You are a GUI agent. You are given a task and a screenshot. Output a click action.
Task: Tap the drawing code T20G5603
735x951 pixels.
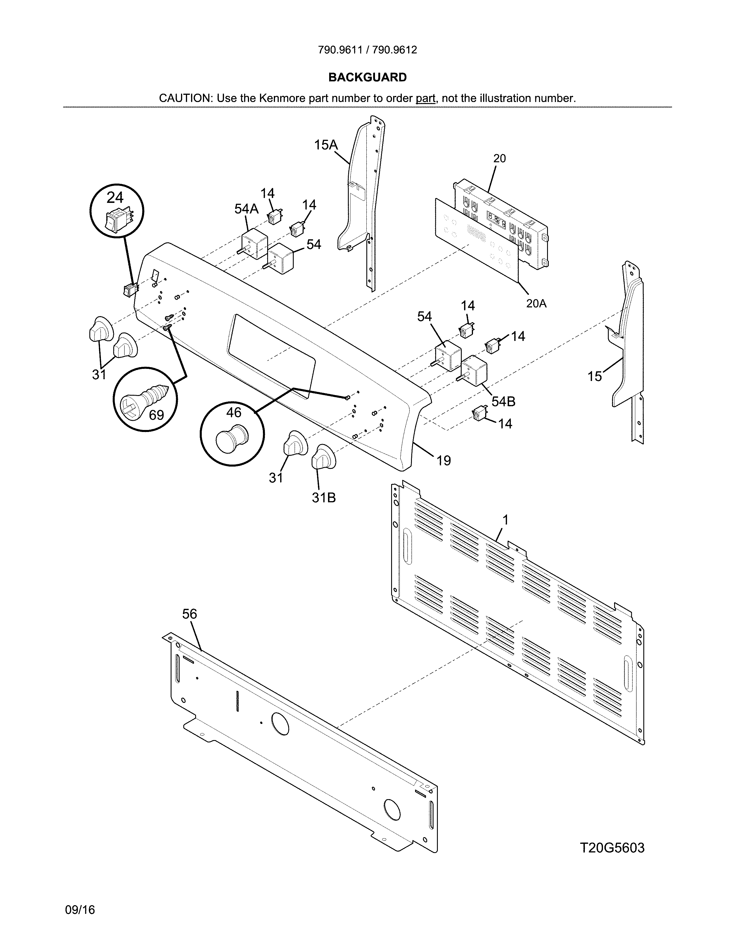coord(612,848)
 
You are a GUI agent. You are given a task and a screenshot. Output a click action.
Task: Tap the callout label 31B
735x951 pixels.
coord(323,498)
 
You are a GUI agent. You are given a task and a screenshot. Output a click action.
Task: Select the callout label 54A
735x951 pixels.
coord(246,209)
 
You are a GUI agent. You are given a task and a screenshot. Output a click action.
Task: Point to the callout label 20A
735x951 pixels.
coord(536,303)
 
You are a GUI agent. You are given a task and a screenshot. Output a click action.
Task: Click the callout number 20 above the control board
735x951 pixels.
coord(500,158)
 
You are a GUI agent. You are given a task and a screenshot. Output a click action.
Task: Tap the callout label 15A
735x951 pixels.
coord(326,145)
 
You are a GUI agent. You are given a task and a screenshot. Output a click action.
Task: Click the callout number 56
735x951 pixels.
coord(189,614)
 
